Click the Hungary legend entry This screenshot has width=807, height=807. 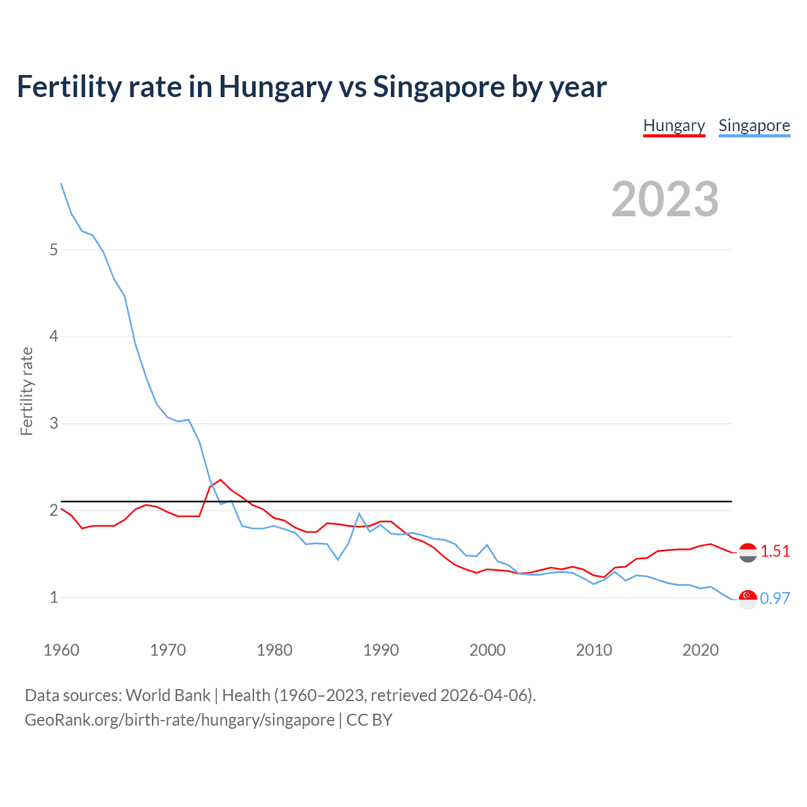pyautogui.click(x=674, y=125)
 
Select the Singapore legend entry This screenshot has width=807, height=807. pyautogui.click(x=754, y=125)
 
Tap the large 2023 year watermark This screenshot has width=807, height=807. pyautogui.click(x=665, y=199)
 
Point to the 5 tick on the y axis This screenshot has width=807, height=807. pyautogui.click(x=54, y=250)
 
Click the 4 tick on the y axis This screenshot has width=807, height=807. pyautogui.click(x=54, y=337)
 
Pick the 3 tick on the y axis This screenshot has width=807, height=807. pyautogui.click(x=54, y=423)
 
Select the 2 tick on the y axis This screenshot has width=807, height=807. pyautogui.click(x=54, y=510)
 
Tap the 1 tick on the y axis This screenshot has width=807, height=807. pyautogui.click(x=54, y=597)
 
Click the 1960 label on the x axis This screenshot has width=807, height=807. pyautogui.click(x=61, y=650)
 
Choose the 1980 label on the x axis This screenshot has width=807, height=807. pyautogui.click(x=274, y=650)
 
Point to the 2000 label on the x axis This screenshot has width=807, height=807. pyautogui.click(x=487, y=650)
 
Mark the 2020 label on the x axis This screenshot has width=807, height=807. pyautogui.click(x=700, y=650)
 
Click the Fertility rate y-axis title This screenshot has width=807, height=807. pyautogui.click(x=26, y=391)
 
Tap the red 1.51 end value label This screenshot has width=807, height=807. pyautogui.click(x=775, y=551)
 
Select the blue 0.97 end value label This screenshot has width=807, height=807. pyautogui.click(x=775, y=598)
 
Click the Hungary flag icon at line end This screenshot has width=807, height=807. pyautogui.click(x=748, y=553)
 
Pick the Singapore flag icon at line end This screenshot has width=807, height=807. pyautogui.click(x=748, y=600)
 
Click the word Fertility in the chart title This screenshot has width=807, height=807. pyautogui.click(x=69, y=87)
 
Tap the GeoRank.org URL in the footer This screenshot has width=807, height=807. pyautogui.click(x=180, y=720)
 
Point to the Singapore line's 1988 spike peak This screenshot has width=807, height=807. pyautogui.click(x=359, y=514)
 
